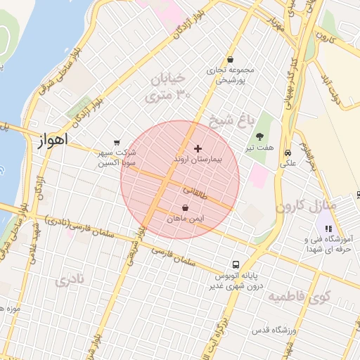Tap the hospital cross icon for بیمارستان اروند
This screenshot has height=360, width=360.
(198, 148)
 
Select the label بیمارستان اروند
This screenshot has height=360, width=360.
(198, 160)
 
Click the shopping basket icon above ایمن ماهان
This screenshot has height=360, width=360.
(185, 208)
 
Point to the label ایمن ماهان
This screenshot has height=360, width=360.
(185, 220)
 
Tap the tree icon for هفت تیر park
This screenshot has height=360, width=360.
(260, 136)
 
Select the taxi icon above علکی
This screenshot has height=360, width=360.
(288, 153)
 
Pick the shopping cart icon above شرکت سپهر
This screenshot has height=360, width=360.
(117, 143)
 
